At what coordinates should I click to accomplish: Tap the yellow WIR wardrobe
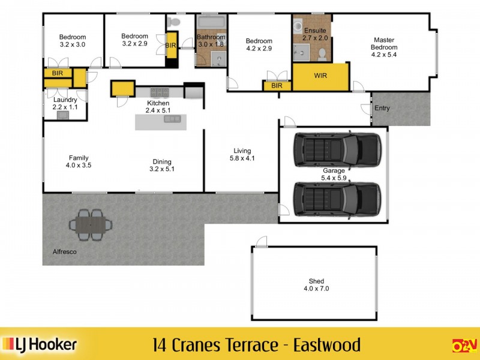[x=320, y=77]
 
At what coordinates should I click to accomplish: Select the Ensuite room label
[x=314, y=34]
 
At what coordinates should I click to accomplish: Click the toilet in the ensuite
[x=322, y=54]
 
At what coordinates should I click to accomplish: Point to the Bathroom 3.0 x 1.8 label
[x=211, y=40]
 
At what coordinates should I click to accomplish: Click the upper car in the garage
[x=337, y=150]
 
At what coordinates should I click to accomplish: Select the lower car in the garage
[x=337, y=199]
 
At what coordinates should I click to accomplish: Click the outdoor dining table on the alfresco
[x=91, y=224]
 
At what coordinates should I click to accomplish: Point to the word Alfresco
[x=60, y=253]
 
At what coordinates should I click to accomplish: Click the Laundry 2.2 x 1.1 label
[x=65, y=103]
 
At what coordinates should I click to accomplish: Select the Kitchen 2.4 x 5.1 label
[x=158, y=106]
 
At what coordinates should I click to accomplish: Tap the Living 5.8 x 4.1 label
[x=242, y=155]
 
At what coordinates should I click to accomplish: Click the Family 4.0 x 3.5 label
[x=79, y=161]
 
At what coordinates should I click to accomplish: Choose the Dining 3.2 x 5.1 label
[x=162, y=165]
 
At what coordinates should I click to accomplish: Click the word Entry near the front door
[x=382, y=109]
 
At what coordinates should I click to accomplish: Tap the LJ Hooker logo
[x=40, y=344]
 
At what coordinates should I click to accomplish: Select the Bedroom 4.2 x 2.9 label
[x=259, y=45]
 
